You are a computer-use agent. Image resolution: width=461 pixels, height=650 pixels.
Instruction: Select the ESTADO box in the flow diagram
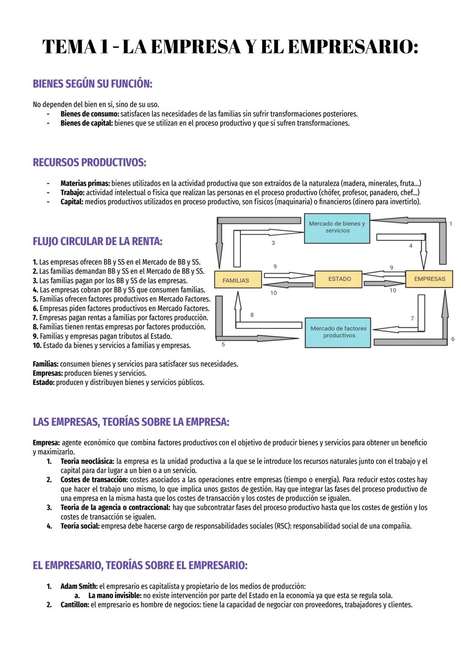pyautogui.click(x=339, y=279)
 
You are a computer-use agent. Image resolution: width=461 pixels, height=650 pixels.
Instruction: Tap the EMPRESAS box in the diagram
pyautogui.click(x=429, y=279)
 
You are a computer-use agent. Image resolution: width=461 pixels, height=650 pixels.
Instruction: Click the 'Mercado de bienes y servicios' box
pyautogui.click(x=337, y=228)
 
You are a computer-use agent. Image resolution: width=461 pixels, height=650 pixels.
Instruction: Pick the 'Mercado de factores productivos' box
pyautogui.click(x=338, y=332)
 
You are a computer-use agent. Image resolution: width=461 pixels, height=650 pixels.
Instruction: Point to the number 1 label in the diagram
pyautogui.click(x=450, y=224)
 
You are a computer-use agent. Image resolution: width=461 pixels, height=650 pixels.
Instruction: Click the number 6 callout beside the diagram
pyautogui.click(x=452, y=339)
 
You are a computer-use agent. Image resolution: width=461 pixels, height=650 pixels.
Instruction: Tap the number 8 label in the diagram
pyautogui.click(x=252, y=315)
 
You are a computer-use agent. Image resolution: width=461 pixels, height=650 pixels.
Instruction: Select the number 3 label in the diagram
pyautogui.click(x=273, y=243)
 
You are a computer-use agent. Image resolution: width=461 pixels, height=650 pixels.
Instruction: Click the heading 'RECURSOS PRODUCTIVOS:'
pyautogui.click(x=89, y=162)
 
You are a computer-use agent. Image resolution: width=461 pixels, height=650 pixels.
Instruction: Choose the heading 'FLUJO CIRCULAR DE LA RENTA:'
pyautogui.click(x=97, y=241)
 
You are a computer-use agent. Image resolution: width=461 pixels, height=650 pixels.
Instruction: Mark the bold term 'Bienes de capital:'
pyautogui.click(x=86, y=123)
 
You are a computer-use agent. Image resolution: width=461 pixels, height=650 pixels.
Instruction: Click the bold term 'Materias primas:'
pyautogui.click(x=85, y=183)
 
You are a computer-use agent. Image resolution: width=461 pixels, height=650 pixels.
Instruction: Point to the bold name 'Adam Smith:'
pyautogui.click(x=79, y=586)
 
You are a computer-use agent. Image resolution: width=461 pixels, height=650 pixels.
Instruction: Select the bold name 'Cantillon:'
pyautogui.click(x=75, y=605)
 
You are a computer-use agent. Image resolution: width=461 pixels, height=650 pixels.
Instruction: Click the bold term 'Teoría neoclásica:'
pyautogui.click(x=87, y=461)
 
